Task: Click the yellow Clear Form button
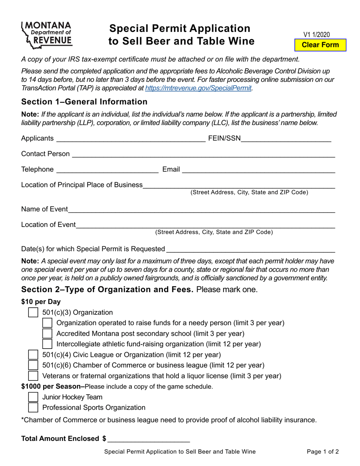tap(320, 45)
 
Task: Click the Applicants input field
tap(130, 138)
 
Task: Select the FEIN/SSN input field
tap(286, 138)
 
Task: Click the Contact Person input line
tap(203, 154)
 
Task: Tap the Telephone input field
tap(107, 169)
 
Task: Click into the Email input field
tap(258, 169)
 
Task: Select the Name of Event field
tap(201, 209)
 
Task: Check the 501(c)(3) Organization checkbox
tap(33, 313)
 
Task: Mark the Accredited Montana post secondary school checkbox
tap(47, 334)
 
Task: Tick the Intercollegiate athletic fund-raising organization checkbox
tap(47, 344)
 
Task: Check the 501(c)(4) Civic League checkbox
tap(33, 355)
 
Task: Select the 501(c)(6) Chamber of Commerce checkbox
tap(33, 365)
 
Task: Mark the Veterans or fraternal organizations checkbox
tap(33, 376)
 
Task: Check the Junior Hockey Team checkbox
tap(33, 397)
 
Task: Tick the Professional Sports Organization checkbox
tap(33, 408)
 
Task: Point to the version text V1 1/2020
tap(316, 35)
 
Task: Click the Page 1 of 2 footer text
tap(323, 452)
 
